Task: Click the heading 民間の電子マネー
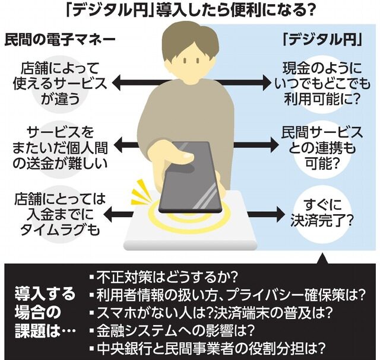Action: tap(60, 41)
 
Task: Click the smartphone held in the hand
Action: tap(190, 177)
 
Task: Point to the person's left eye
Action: tap(198, 60)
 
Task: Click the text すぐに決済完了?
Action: tap(321, 212)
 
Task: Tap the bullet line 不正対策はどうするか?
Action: tap(163, 277)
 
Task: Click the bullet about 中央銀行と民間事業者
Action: tap(207, 348)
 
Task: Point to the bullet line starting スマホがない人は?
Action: tap(210, 313)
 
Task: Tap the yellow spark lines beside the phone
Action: tap(142, 192)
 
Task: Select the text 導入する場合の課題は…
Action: tap(45, 312)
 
